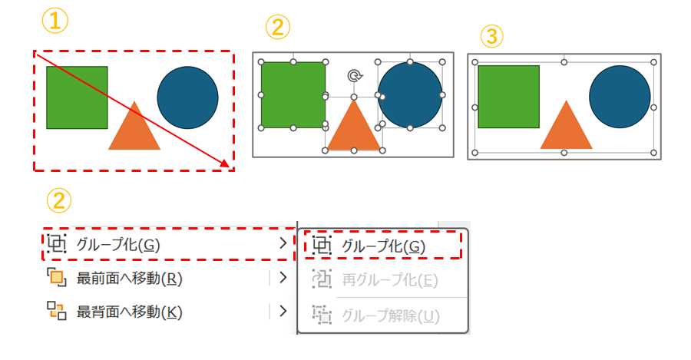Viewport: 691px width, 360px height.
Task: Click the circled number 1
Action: pyautogui.click(x=55, y=21)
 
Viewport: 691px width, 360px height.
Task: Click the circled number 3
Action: pyautogui.click(x=492, y=36)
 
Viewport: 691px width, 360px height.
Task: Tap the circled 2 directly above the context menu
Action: pyautogui.click(x=58, y=200)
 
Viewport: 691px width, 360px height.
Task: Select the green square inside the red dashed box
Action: pyautogui.click(x=77, y=97)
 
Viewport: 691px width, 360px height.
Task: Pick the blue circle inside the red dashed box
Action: pyautogui.click(x=188, y=97)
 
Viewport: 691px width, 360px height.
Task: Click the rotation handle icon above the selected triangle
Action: pyautogui.click(x=354, y=76)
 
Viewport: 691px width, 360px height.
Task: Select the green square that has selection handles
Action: pyautogui.click(x=293, y=94)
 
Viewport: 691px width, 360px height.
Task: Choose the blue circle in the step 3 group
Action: pyautogui.click(x=620, y=97)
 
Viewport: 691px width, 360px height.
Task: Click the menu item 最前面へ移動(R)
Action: pyautogui.click(x=129, y=279)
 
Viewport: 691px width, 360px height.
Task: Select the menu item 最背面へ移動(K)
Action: pyautogui.click(x=129, y=312)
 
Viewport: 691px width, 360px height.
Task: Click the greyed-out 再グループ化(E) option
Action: pyautogui.click(x=390, y=280)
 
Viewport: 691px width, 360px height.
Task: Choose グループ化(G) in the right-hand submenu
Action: pyautogui.click(x=383, y=246)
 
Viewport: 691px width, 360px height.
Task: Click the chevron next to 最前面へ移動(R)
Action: pyautogui.click(x=283, y=278)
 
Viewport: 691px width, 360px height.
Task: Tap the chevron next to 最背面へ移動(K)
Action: pyautogui.click(x=283, y=311)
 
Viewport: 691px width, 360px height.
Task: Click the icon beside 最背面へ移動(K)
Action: pyautogui.click(x=56, y=311)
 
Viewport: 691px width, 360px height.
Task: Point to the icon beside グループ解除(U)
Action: pyautogui.click(x=322, y=315)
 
